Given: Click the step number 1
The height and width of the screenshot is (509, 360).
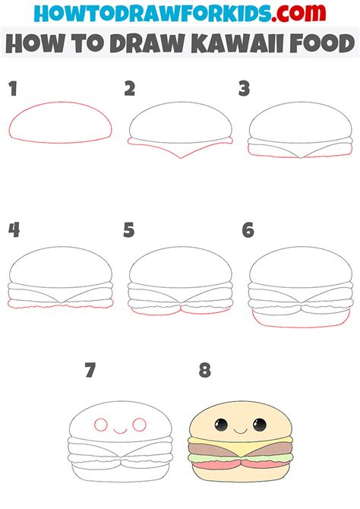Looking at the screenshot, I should (x=13, y=90).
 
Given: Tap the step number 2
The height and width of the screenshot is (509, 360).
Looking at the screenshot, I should (x=130, y=90).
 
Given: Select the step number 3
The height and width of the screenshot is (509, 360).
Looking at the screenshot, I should (x=245, y=90).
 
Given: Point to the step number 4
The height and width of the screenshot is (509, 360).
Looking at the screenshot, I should (x=13, y=229).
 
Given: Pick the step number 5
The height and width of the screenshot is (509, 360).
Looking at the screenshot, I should (x=130, y=229).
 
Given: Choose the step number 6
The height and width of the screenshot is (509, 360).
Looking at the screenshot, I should (x=247, y=229).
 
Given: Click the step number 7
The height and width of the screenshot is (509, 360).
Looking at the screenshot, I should (x=90, y=371).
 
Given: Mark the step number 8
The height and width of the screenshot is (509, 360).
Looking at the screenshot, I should (x=204, y=371).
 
